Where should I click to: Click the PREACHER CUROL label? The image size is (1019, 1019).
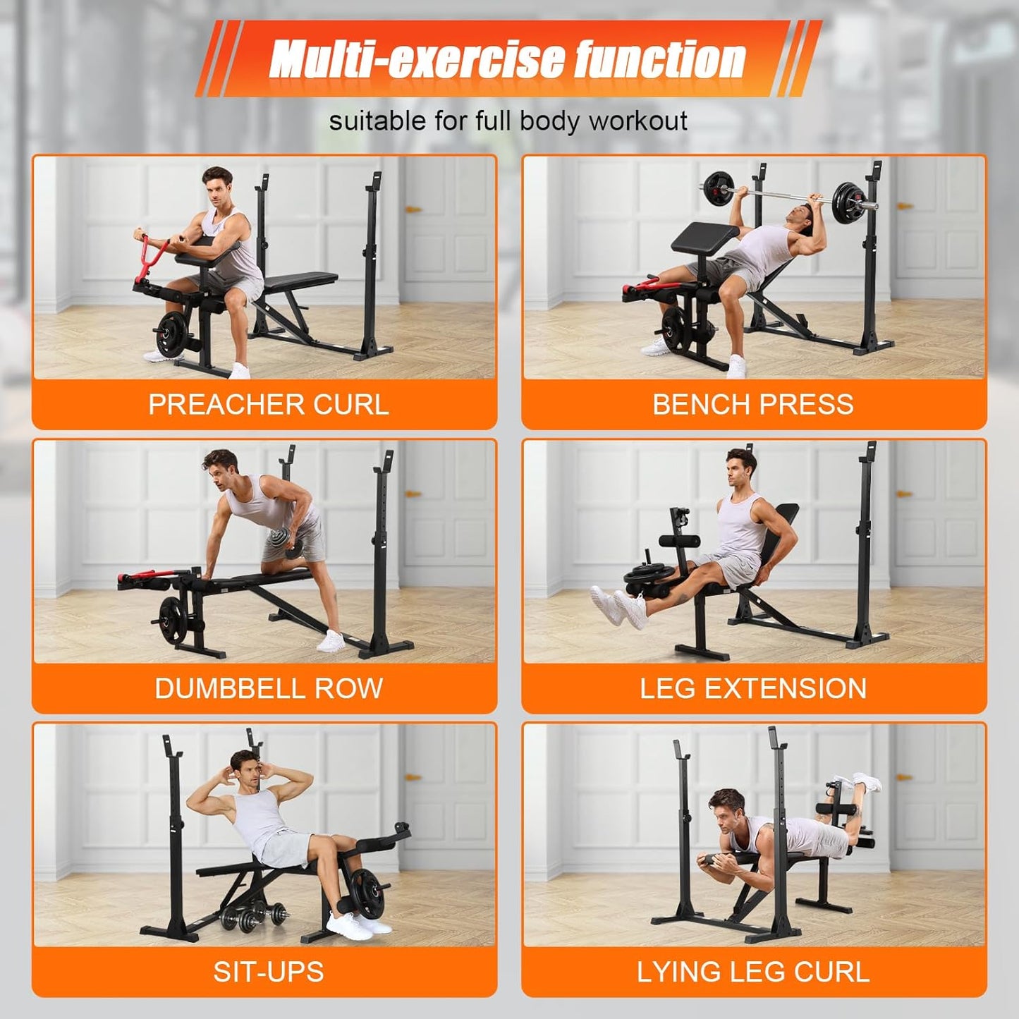coord(268,405)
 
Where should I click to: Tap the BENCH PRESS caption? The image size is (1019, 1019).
coord(752,405)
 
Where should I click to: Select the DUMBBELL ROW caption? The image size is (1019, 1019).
coord(268,688)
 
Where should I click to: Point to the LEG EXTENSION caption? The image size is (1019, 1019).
coord(752,688)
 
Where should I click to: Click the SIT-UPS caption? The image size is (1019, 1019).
coord(268,972)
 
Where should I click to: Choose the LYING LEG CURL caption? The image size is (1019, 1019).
coord(752,972)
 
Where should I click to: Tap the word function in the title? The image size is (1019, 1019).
coord(659,59)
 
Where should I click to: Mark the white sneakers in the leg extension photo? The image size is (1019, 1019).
coord(621,606)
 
